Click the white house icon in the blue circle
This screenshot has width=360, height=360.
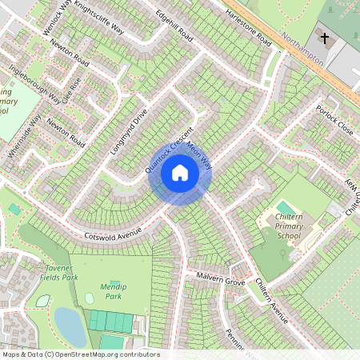click(x=180, y=172)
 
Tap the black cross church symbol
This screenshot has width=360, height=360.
click(x=324, y=38)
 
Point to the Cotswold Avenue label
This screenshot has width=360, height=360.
click(x=114, y=234)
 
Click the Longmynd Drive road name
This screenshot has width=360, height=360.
click(x=129, y=130)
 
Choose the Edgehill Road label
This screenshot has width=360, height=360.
click(x=174, y=26)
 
